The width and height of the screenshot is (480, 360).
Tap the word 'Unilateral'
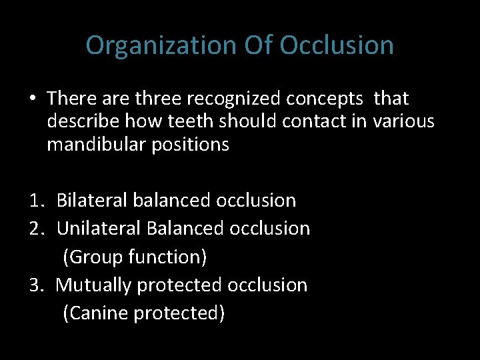click(x=99, y=228)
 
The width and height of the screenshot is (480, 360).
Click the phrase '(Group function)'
click(x=135, y=256)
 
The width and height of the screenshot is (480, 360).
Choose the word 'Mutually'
click(x=93, y=285)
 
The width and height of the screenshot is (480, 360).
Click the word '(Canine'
click(x=95, y=313)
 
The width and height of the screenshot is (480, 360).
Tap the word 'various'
click(x=404, y=121)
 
